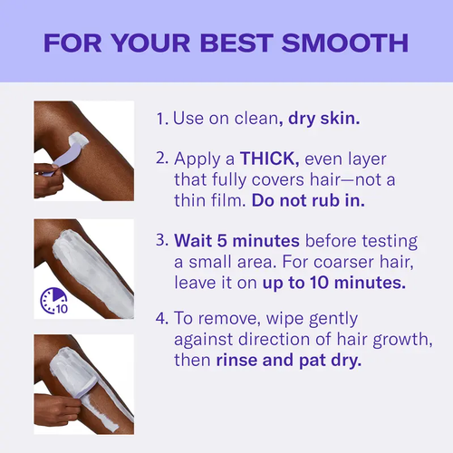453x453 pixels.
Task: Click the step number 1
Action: (160, 119)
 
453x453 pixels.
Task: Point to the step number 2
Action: (161, 159)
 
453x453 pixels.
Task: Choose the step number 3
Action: (161, 242)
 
